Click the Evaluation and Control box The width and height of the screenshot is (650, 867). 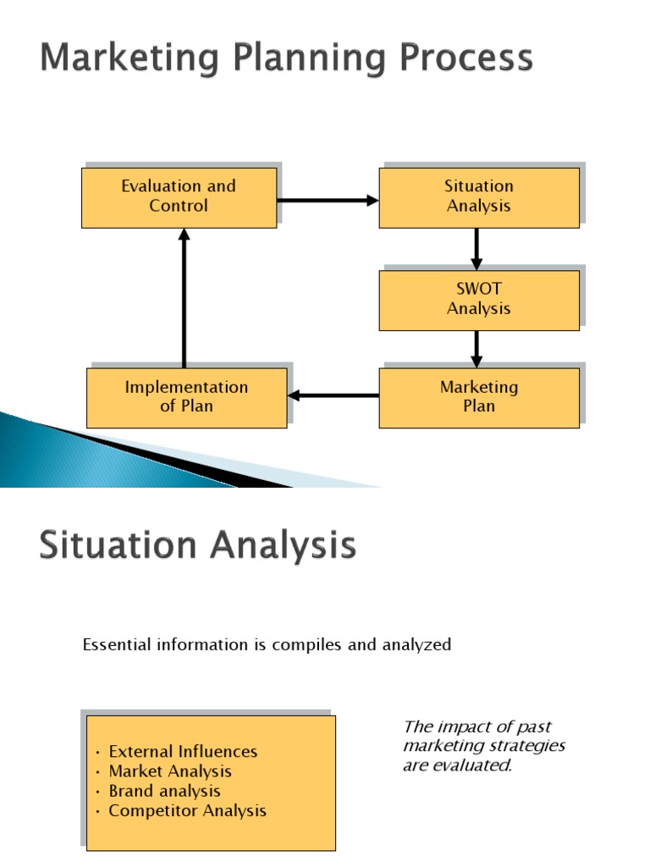179,197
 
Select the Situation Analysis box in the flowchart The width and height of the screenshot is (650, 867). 479,197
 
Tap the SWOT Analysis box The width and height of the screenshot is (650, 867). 479,300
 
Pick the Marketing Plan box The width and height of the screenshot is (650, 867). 479,397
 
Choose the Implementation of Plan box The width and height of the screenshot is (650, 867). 187,397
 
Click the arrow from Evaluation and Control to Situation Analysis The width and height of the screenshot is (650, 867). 328,201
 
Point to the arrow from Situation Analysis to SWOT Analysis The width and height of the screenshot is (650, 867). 476,248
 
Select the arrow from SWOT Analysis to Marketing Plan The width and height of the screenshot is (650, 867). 476,348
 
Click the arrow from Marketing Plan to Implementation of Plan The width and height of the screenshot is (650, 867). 333,395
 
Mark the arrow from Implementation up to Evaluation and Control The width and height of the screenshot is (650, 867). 185,297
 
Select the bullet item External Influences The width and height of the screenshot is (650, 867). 183,752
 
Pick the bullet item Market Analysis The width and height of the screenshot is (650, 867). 170,771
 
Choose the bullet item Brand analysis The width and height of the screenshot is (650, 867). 164,791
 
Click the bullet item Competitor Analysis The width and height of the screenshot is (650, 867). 187,810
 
